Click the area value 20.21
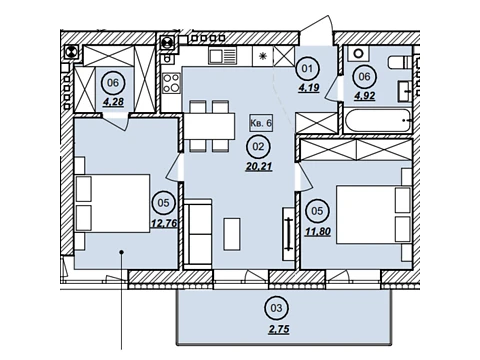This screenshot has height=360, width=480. pos(259,166)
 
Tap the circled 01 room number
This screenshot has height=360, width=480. pos(308,69)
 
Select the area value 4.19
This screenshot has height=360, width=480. pos(309,88)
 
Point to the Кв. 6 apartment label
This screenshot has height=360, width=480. pos(261,123)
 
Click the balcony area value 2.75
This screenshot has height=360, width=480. pos(279,329)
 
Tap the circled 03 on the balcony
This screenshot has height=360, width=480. pos(276,308)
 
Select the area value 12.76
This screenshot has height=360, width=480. pos(164,223)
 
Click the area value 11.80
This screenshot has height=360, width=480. pos(318,231)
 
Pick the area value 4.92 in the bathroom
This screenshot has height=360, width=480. pos(364,96)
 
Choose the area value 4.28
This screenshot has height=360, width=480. pos(113,102)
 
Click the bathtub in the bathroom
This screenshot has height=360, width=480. pos(378,121)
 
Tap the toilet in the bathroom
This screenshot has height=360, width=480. pos(400,62)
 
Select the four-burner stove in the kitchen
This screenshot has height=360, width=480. pos(171,83)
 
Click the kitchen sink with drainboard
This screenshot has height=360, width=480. pos(222,55)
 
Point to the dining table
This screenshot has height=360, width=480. pos(209,127)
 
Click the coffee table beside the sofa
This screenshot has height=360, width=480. pos(232,234)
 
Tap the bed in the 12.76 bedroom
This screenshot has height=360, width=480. pos(113,203)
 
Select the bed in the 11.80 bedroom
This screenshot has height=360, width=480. pos(374,215)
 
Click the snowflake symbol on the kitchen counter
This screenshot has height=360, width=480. pos(263,56)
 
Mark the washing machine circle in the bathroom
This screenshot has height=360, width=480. pos(358,53)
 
